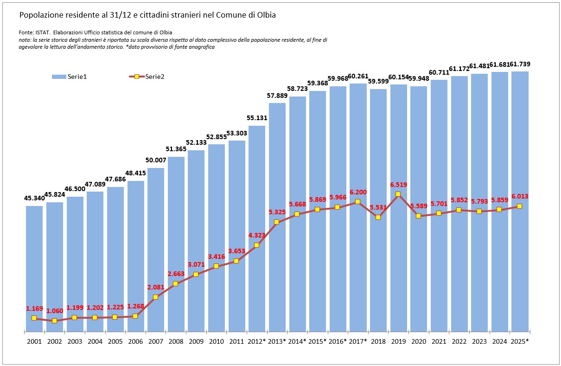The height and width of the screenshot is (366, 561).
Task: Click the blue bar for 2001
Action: tap(34, 269)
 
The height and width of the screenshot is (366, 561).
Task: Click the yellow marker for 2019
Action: tap(398, 194)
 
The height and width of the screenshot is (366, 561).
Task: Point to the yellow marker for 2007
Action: tap(155, 297)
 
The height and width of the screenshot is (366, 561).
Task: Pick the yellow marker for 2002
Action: tap(55, 321)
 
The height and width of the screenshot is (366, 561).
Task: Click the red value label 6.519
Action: tap(398, 184)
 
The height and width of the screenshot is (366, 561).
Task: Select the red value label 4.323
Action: tap(257, 235)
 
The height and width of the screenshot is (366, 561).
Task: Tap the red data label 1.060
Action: tap(55, 311)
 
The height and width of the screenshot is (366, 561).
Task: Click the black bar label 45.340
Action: tap(34, 199)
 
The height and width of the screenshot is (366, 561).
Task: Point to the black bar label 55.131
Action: tap(257, 118)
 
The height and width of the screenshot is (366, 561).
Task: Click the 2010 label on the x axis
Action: tap(216, 341)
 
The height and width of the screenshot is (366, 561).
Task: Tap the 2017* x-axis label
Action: tap(358, 341)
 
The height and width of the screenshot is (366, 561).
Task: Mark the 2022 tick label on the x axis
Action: tap(459, 341)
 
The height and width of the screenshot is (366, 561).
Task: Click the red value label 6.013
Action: tap(519, 196)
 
